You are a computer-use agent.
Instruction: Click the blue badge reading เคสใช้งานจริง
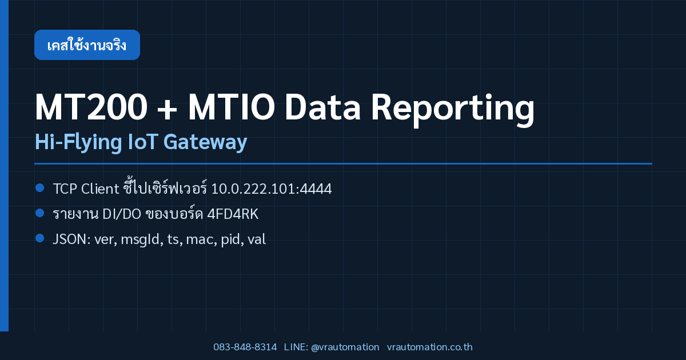coord(87,45)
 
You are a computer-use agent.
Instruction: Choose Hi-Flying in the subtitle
coord(78,142)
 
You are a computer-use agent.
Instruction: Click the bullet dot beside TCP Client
coord(40,187)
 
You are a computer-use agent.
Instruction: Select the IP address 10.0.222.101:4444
coord(272,189)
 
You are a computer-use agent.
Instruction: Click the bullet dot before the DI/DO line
coord(40,213)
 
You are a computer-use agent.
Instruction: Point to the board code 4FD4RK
coord(233,214)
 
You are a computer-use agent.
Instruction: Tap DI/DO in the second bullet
coord(122,214)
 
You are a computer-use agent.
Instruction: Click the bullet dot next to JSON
coord(40,238)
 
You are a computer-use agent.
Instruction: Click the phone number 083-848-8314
coord(245,347)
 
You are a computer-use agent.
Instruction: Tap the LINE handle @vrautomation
coord(345,347)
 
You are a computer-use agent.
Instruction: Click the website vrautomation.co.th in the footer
coord(430,347)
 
